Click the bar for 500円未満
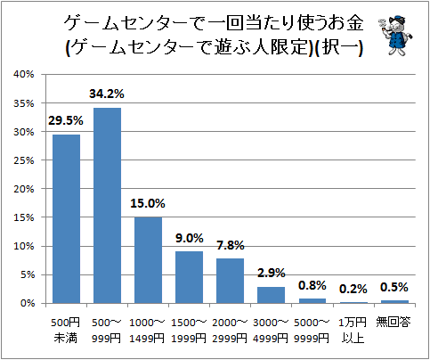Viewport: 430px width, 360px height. [66, 219]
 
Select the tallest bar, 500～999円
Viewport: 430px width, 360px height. [107, 206]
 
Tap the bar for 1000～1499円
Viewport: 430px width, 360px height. [148, 260]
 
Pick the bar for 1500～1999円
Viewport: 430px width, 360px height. [189, 277]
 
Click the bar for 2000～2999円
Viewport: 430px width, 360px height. [230, 281]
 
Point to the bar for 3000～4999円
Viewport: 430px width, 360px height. [271, 295]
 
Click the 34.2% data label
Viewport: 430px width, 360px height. [107, 94]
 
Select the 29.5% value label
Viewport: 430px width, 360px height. [66, 121]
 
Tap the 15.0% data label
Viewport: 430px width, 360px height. [148, 203]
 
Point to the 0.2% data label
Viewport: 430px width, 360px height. [353, 289]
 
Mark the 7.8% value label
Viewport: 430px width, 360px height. [231, 245]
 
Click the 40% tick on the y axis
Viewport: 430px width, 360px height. [24, 74]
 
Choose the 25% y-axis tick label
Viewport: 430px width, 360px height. [24, 160]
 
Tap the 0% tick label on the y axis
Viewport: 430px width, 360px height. [28, 303]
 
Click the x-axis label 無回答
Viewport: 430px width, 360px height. [393, 322]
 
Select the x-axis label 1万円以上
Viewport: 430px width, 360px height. [353, 330]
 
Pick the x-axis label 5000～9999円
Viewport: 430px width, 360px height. [312, 330]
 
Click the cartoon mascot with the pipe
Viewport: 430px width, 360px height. [395, 35]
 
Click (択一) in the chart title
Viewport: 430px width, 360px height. [338, 47]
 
